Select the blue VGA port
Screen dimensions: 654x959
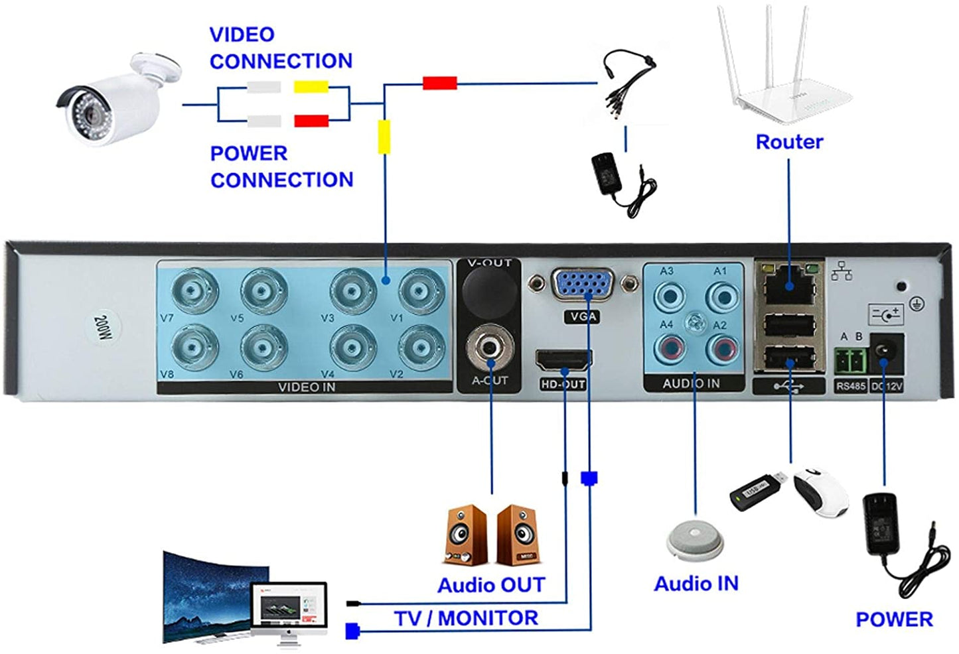[583, 285]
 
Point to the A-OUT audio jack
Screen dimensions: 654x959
[490, 348]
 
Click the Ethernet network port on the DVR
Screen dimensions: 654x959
[789, 285]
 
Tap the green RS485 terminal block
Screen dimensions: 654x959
[850, 361]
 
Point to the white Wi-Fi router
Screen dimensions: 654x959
[785, 73]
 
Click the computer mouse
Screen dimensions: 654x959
[821, 490]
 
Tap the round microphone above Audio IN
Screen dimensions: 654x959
[694, 539]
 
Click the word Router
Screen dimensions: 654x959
[789, 142]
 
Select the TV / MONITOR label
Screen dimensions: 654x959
[466, 618]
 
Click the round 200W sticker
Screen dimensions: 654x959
[103, 327]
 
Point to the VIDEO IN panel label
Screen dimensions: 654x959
[306, 387]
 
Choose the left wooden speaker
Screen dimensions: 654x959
[466, 535]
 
